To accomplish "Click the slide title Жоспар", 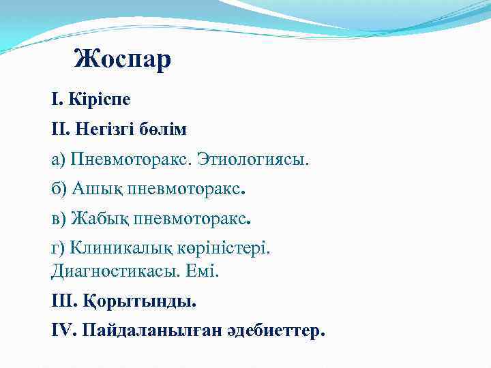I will point(123,60).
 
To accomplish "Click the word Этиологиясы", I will point(253,160).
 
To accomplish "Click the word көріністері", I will point(222,249).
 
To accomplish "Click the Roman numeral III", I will point(63,301).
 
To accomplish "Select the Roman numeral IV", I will point(63,331).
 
